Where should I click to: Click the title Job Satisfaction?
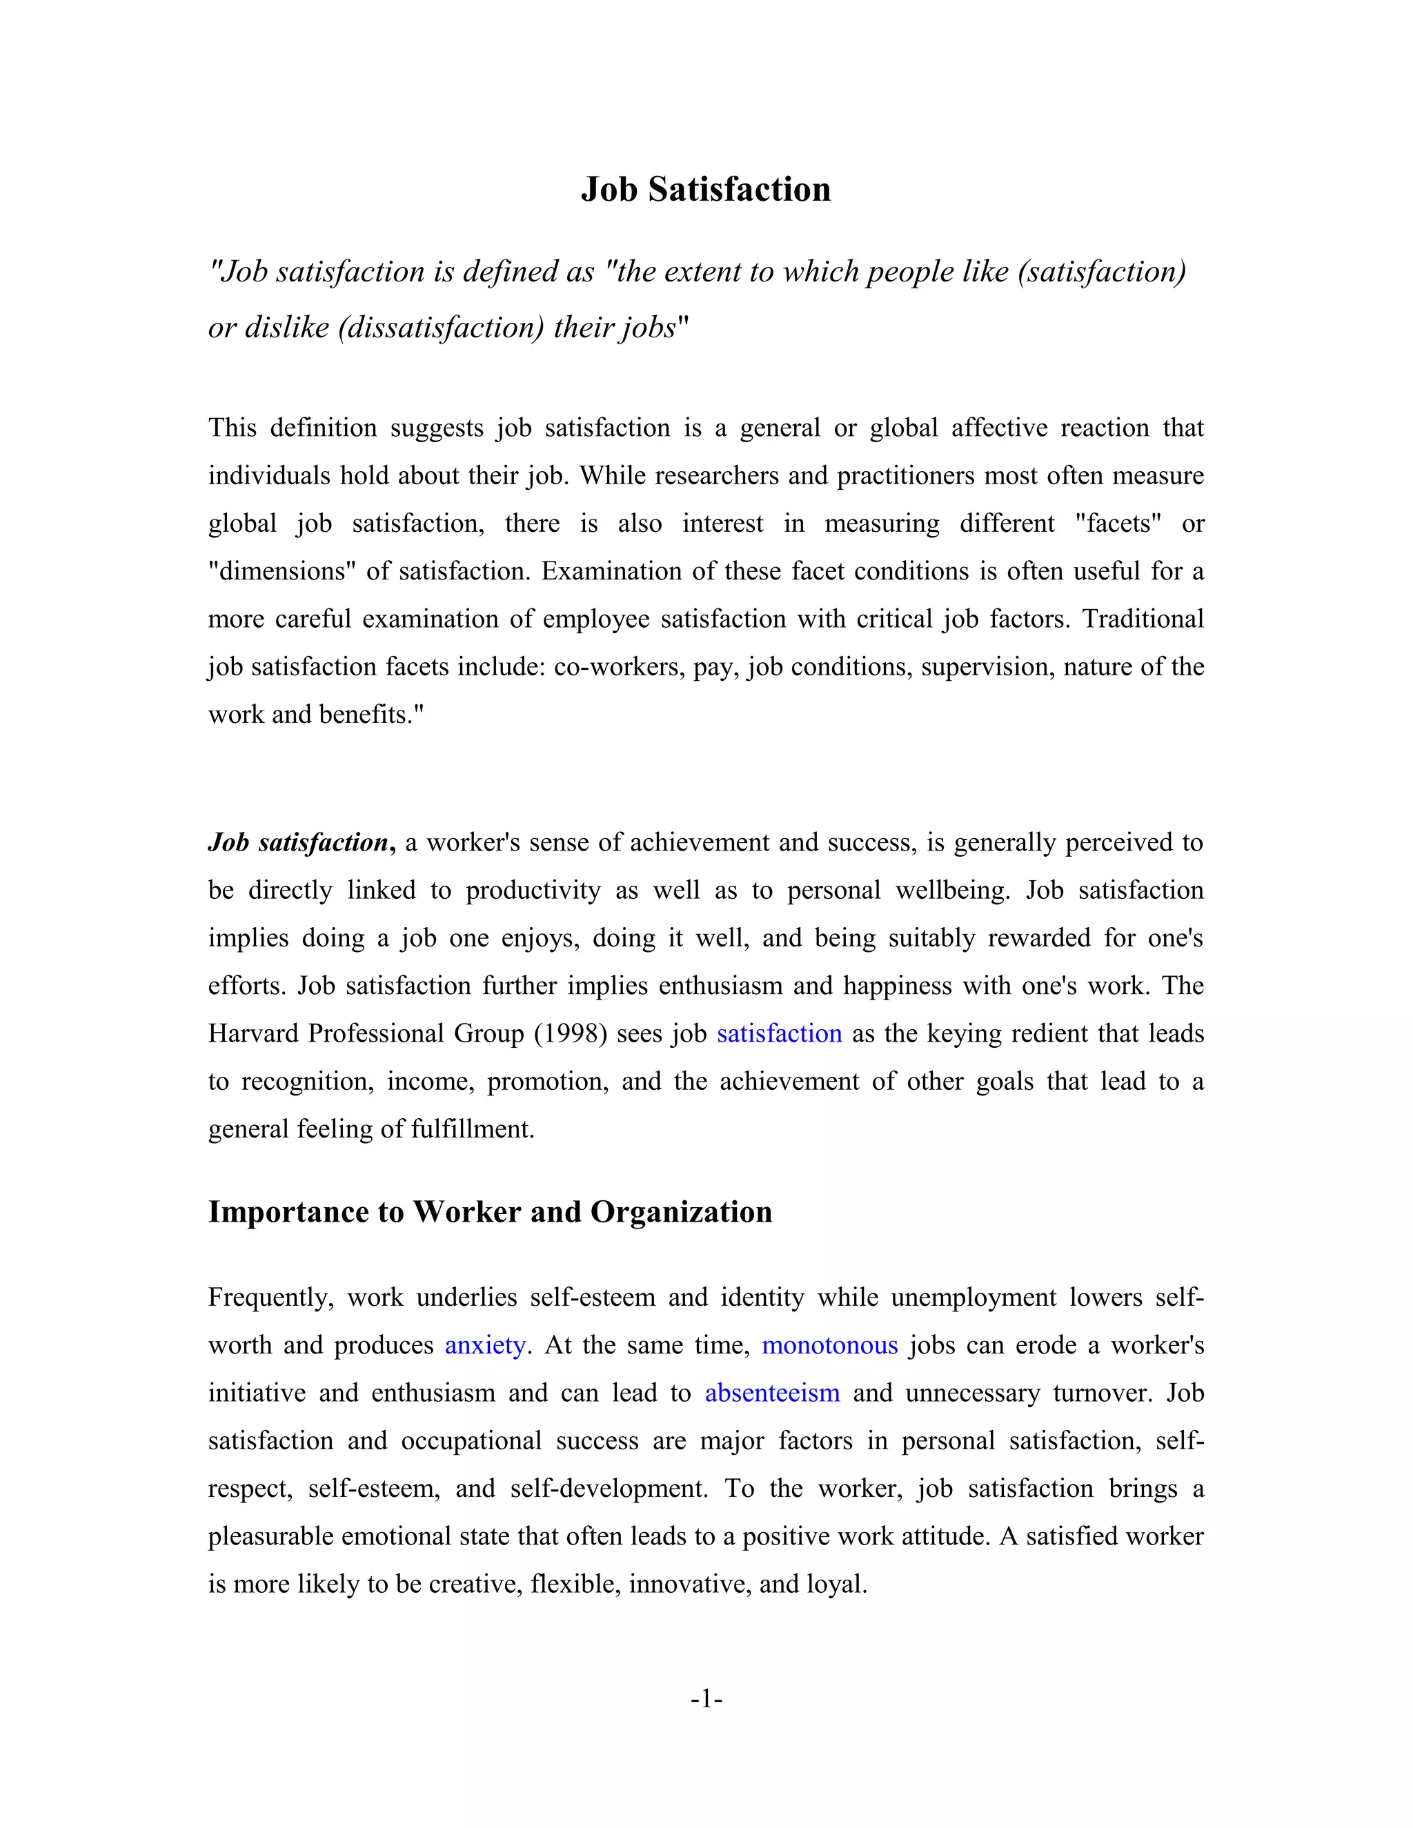point(706,189)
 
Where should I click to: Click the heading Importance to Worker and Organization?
point(490,1211)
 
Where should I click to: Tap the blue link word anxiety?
point(484,1345)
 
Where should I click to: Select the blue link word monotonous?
point(829,1345)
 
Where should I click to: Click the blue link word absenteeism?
point(772,1393)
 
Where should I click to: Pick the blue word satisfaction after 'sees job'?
point(778,1034)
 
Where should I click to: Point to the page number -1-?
point(706,1698)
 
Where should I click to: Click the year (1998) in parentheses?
point(570,1034)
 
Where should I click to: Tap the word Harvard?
point(253,1034)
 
